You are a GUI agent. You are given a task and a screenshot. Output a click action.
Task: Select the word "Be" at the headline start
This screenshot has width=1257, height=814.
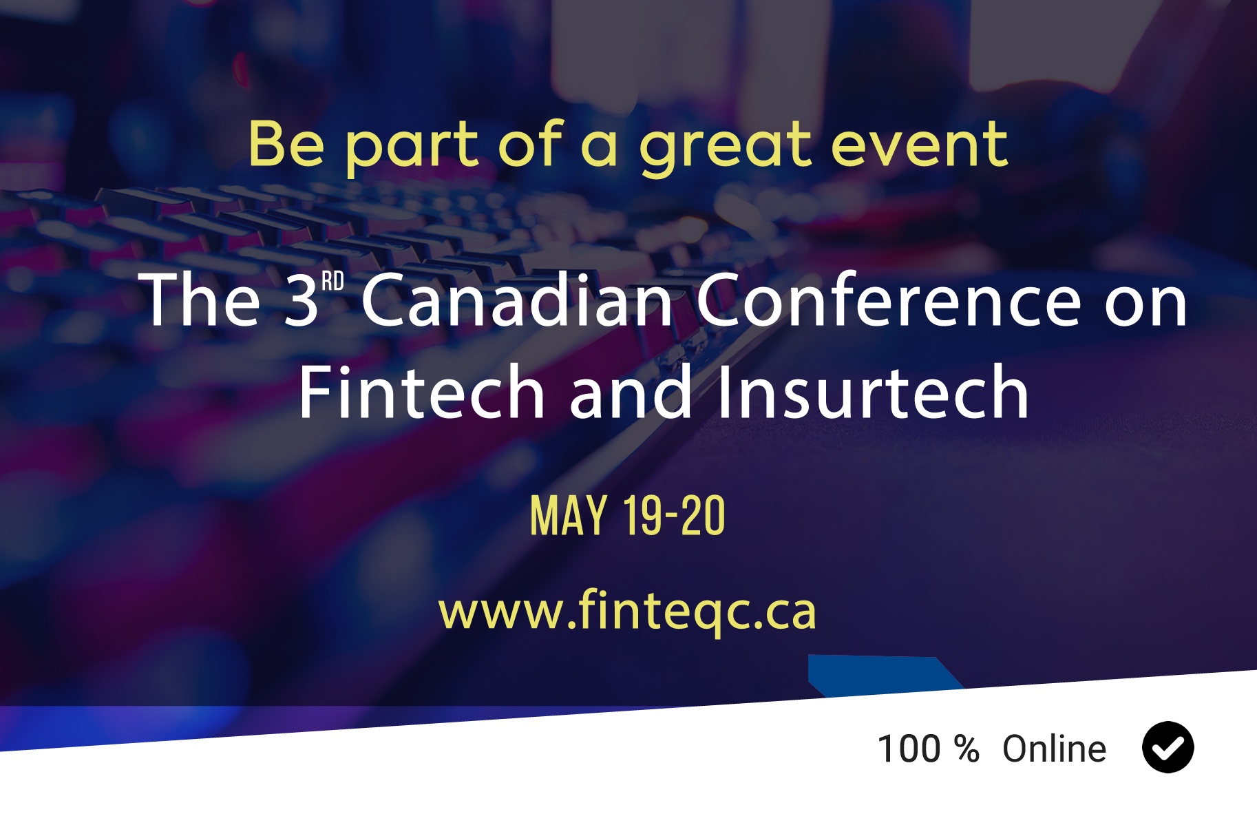pyautogui.click(x=286, y=144)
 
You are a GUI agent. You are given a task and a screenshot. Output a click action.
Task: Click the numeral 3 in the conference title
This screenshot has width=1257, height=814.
pyautogui.click(x=302, y=300)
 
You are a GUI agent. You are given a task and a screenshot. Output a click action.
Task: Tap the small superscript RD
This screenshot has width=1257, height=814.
pyautogui.click(x=332, y=281)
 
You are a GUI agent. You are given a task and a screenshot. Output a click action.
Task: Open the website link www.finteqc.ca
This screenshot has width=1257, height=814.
pyautogui.click(x=627, y=610)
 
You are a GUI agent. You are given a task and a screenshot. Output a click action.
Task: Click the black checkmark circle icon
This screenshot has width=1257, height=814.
pyautogui.click(x=1168, y=747)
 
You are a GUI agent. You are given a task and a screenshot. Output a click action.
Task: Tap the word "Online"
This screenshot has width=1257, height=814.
pyautogui.click(x=1054, y=749)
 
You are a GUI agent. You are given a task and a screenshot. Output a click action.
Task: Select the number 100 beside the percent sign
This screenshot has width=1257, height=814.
pyautogui.click(x=909, y=749)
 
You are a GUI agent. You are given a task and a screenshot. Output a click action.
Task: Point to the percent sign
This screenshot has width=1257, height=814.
pyautogui.click(x=966, y=749)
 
